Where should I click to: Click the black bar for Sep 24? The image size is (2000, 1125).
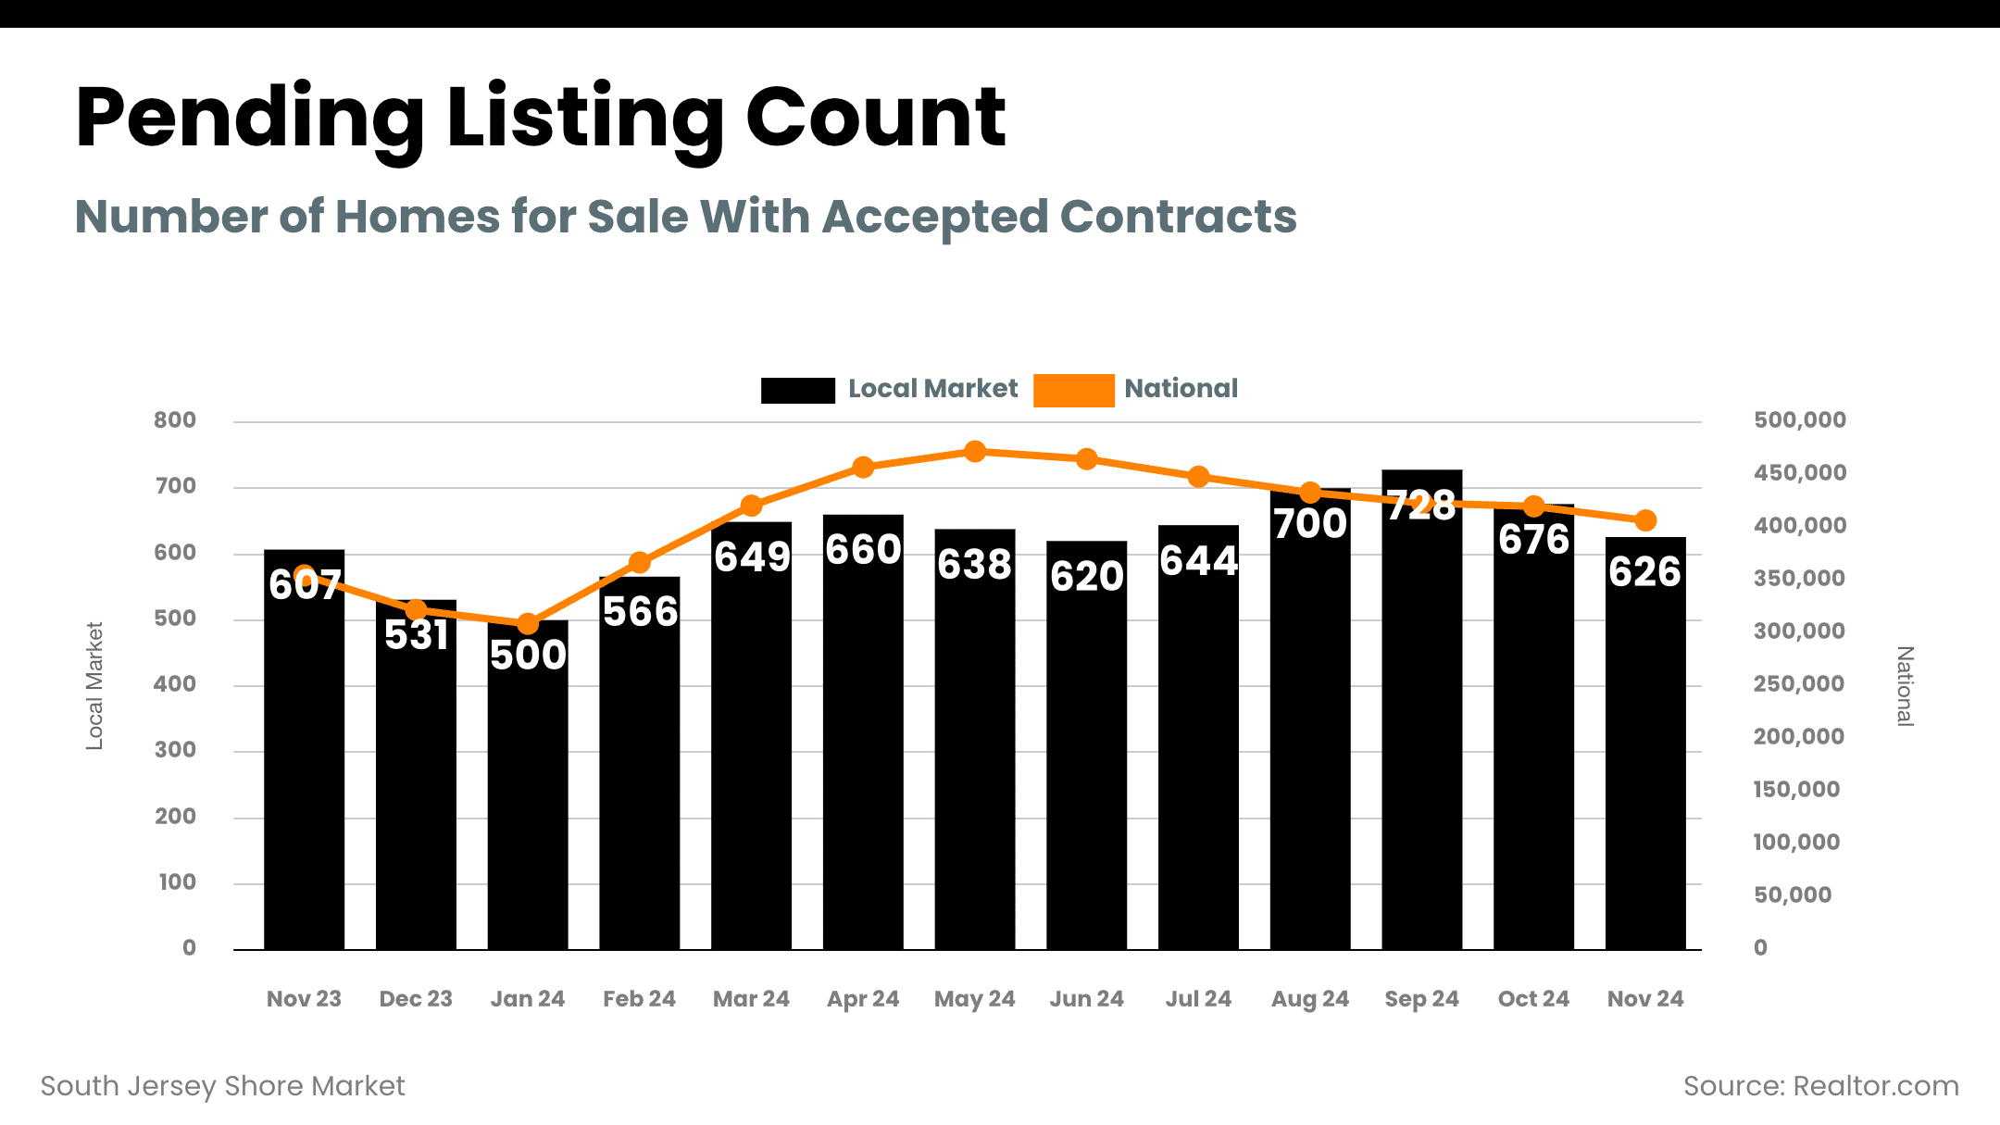point(1421,722)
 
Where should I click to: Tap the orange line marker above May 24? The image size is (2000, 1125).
point(975,452)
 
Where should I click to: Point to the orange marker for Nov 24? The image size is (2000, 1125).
point(1645,520)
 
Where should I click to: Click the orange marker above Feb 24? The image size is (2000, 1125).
point(639,562)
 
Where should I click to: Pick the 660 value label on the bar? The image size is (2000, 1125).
point(863,550)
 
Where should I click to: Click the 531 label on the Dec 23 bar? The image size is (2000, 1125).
point(416,635)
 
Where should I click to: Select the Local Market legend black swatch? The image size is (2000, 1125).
point(797,390)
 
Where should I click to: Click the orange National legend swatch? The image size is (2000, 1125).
point(1073,390)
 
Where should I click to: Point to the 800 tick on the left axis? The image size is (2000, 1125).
point(175,420)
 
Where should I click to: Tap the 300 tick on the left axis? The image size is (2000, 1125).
point(175,750)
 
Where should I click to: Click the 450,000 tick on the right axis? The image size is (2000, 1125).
point(1799,473)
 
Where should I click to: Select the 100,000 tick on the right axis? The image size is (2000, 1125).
point(1796,843)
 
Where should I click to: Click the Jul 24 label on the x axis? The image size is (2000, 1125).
point(1198,999)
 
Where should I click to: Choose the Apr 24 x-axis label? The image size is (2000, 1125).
point(863,999)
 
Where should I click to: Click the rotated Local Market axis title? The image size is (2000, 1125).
point(94,685)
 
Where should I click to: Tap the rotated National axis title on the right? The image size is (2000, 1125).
point(1905,686)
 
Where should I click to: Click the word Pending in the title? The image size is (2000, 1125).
point(250,119)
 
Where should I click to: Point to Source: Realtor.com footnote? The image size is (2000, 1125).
point(1820,1086)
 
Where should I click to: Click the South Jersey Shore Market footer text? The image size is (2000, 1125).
point(223,1086)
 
